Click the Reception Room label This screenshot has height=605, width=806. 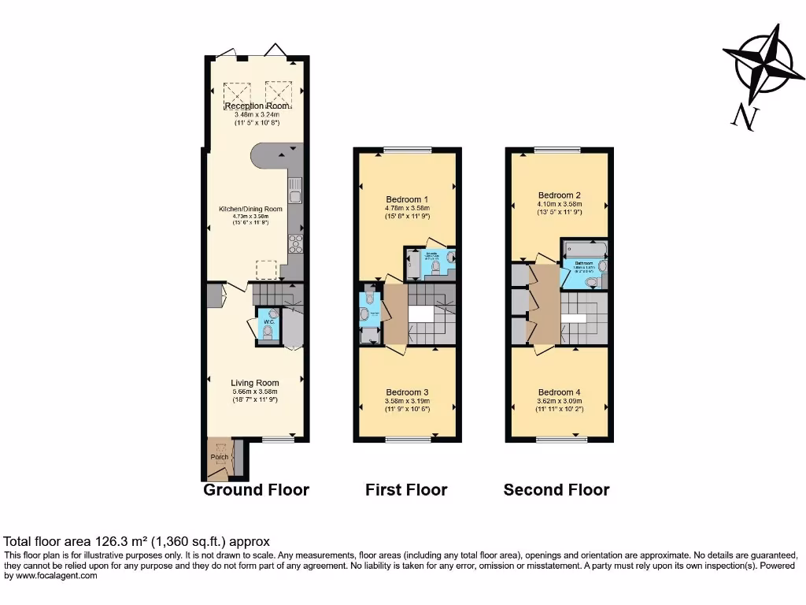pos(256,106)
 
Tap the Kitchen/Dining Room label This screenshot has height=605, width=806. pos(250,209)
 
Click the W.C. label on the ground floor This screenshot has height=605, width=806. pos(268,321)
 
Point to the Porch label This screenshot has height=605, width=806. pos(219,457)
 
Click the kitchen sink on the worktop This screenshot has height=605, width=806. pos(296,190)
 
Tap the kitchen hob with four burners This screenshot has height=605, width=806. pos(297,243)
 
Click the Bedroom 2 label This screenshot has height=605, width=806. pos(560,195)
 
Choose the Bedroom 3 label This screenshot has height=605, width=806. pos(407,392)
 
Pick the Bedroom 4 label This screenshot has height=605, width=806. pos(560,392)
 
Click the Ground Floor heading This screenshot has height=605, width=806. pos(256,490)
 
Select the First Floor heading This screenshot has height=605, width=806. pos(406,490)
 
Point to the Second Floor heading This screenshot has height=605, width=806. pos(556,490)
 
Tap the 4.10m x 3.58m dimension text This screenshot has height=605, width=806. pos(560,204)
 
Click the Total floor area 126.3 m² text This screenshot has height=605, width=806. pos(137,542)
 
